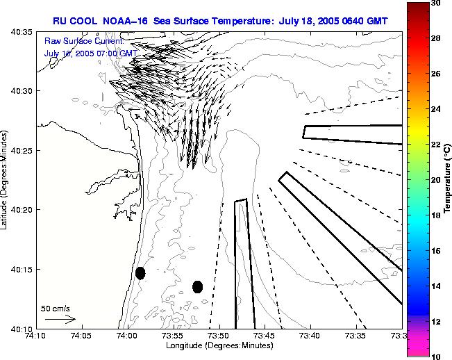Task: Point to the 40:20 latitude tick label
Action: coord(19,210)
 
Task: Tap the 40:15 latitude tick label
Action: coord(19,270)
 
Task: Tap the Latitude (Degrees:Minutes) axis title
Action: coord(5,180)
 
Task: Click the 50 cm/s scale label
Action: coord(56,307)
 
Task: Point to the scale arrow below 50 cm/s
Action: coord(60,319)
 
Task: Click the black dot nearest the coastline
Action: coord(140,273)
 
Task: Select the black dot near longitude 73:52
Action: coord(197,286)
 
